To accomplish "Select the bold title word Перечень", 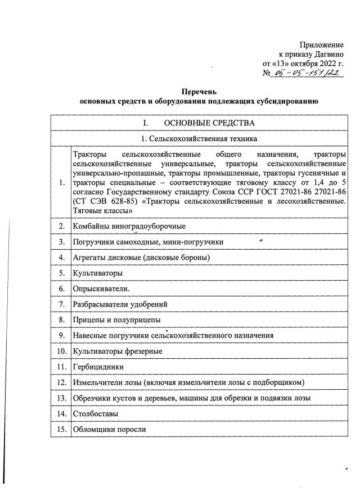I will pos(199,92).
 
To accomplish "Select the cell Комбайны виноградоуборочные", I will pos(129,226).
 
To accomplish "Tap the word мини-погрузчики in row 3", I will pos(191,242).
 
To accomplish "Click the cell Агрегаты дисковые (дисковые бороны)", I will pos(141,258).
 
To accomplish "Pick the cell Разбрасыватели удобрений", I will pos(120,304).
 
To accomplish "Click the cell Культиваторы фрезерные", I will pos(118,352).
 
